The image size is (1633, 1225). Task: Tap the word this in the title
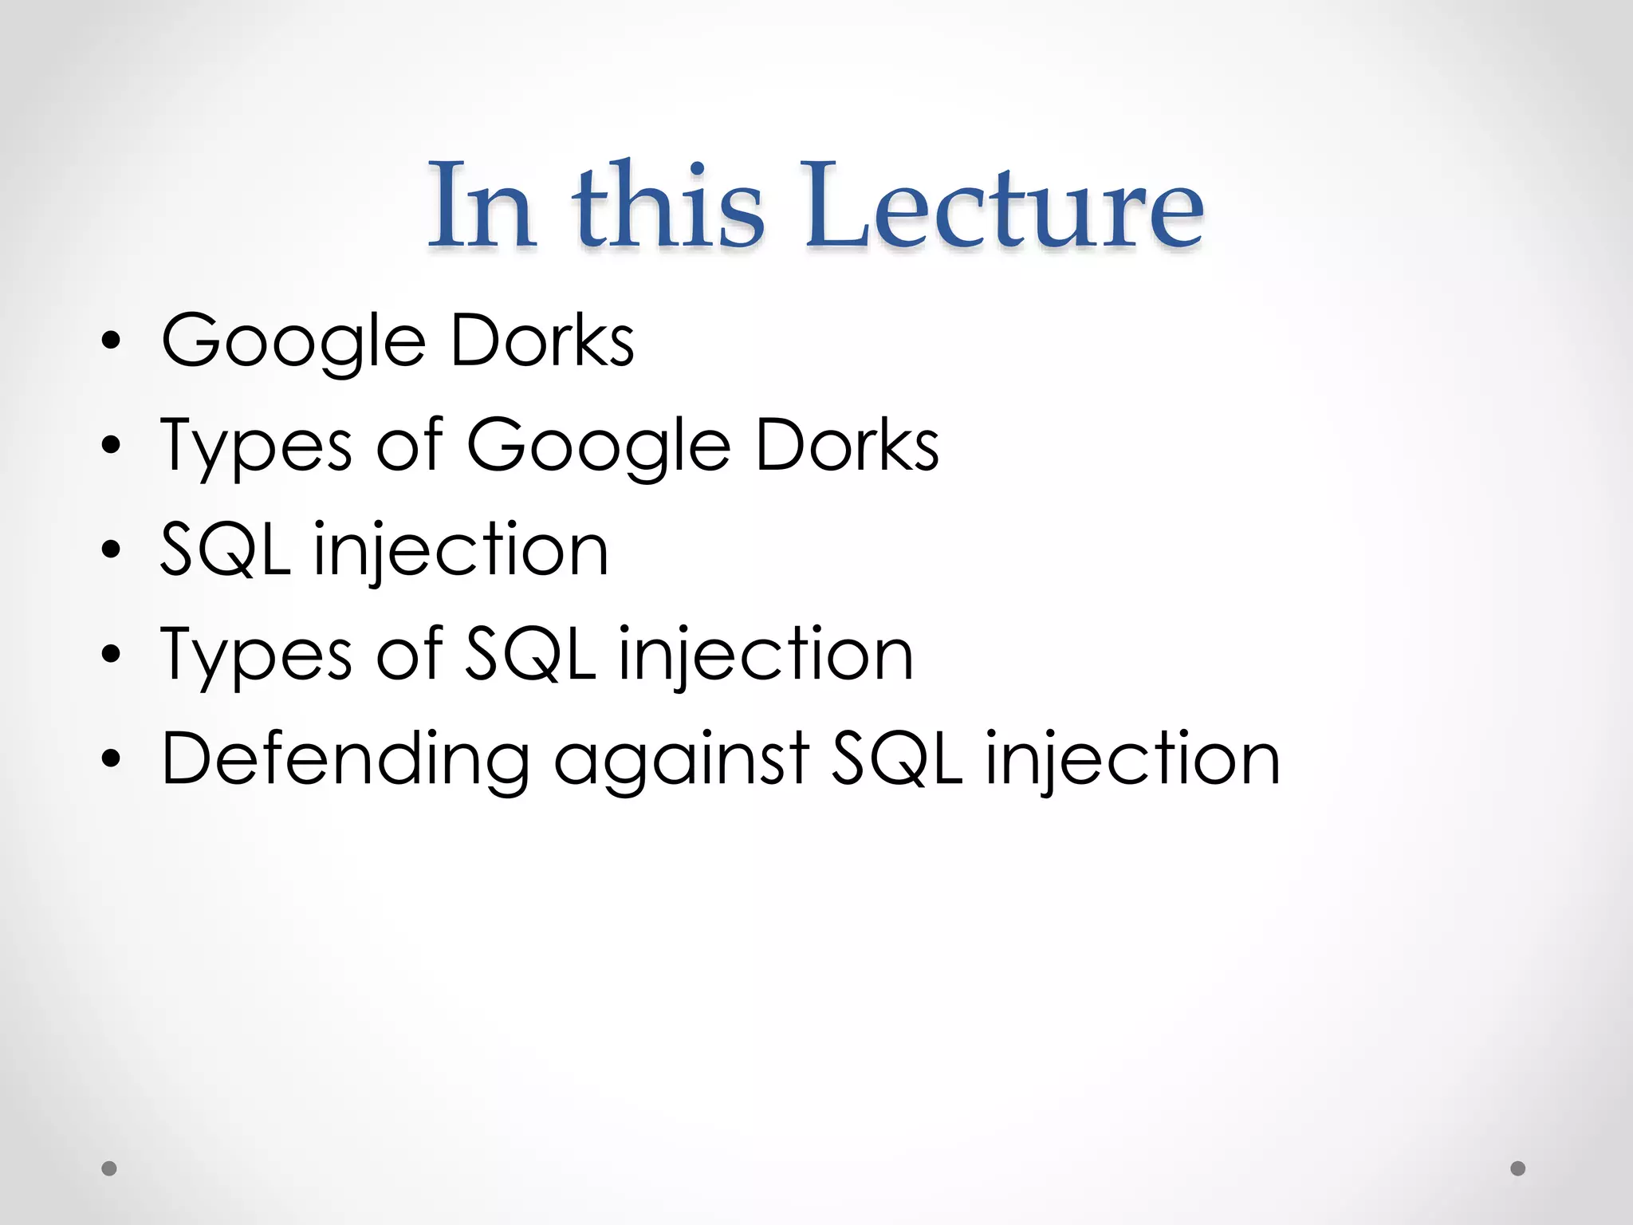[668, 206]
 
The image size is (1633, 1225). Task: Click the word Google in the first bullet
[293, 341]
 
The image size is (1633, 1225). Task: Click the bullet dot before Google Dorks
[111, 341]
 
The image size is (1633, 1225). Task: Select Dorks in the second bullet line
[847, 444]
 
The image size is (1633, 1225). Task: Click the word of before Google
[408, 444]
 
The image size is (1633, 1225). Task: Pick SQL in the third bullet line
[225, 549]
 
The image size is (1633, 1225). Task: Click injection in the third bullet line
[461, 549]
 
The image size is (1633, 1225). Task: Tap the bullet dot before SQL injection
[111, 549]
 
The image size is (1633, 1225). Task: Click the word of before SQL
[408, 654]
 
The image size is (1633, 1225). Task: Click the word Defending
[344, 759]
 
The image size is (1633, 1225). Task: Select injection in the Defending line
[1132, 759]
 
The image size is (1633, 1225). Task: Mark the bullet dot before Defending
[111, 758]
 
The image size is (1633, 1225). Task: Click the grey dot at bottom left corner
[109, 1168]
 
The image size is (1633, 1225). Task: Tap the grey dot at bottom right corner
[1518, 1168]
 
